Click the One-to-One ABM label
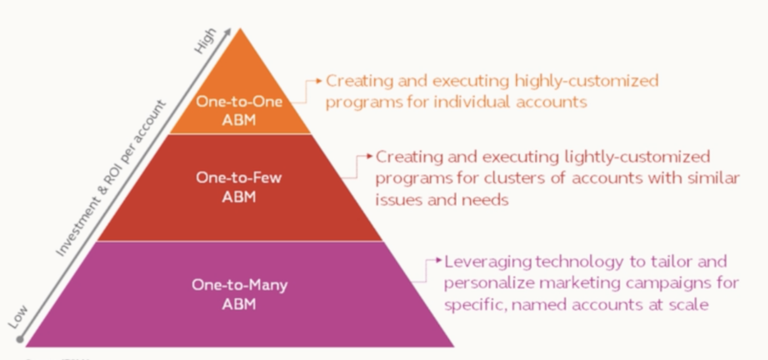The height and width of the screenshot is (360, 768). click(239, 110)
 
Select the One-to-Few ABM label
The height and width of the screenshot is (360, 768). click(239, 186)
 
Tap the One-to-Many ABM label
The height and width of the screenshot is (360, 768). click(239, 294)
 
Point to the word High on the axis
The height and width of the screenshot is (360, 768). click(205, 41)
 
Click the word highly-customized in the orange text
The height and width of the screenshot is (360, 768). click(586, 81)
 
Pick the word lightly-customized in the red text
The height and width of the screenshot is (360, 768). click(637, 157)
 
